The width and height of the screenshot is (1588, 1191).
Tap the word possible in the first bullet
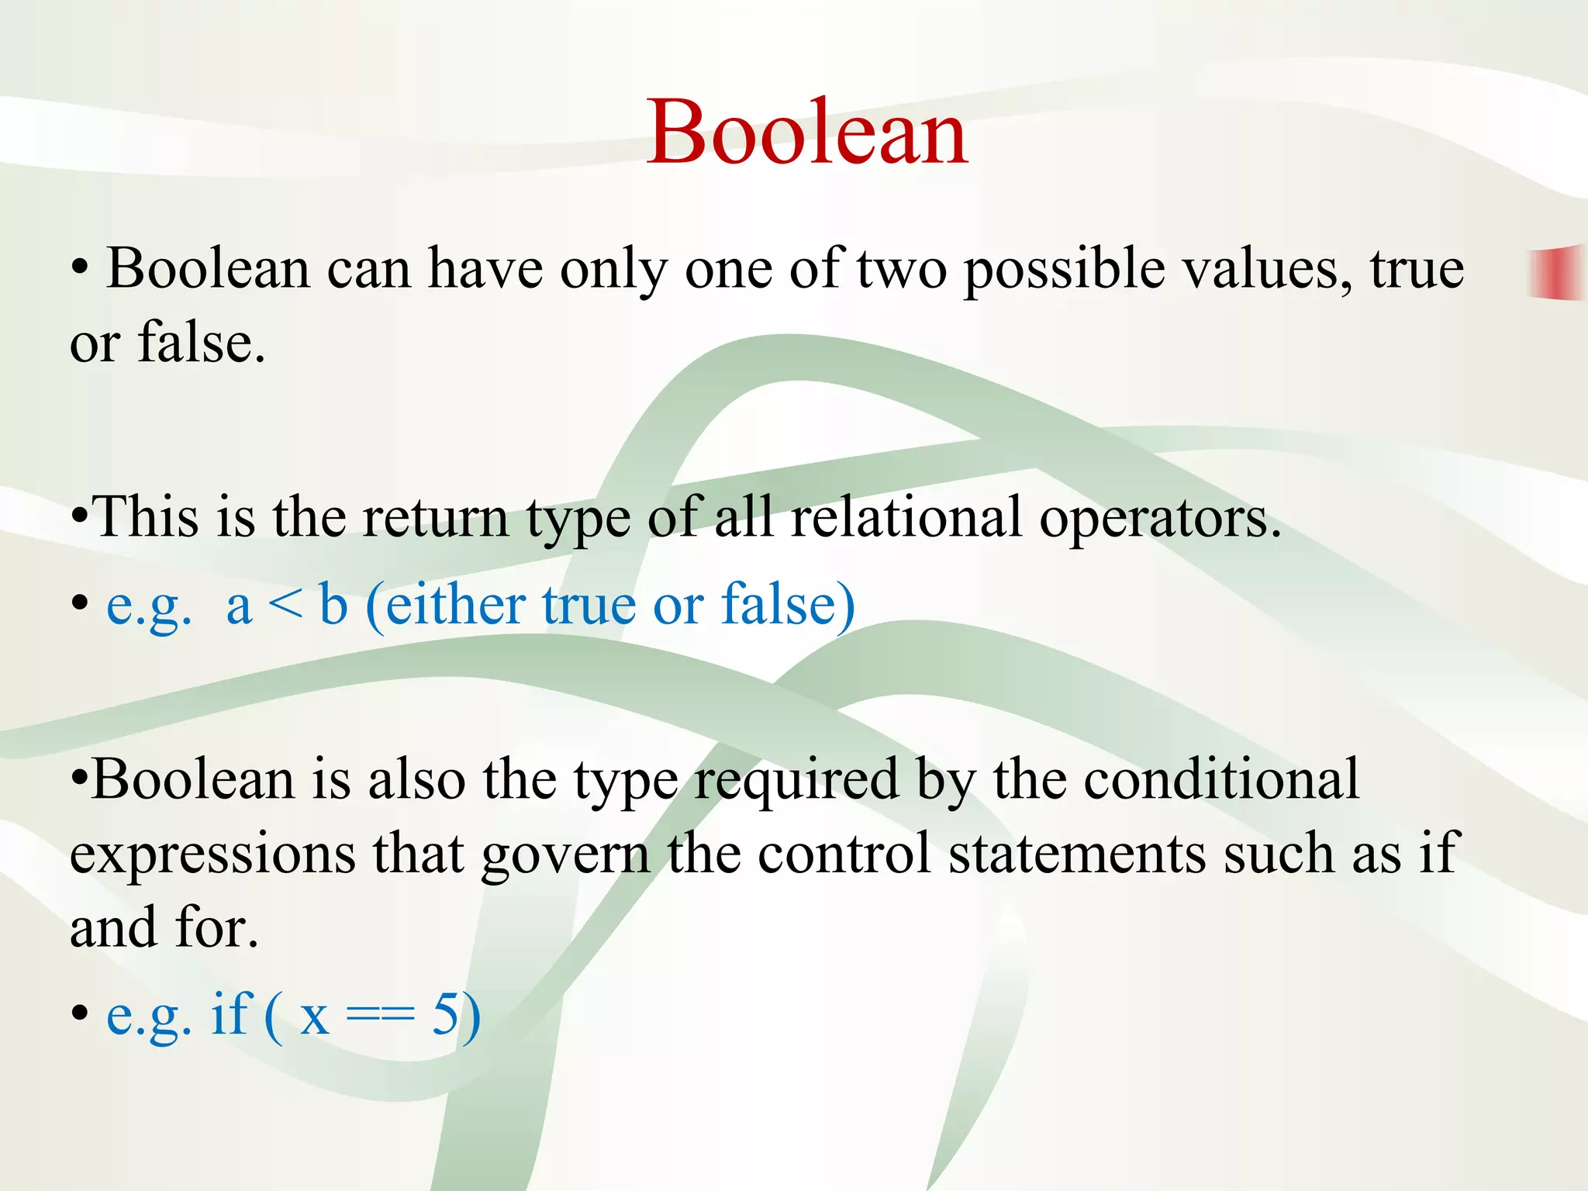1064,271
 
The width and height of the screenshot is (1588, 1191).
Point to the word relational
906,517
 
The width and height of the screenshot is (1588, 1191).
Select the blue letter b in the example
333,604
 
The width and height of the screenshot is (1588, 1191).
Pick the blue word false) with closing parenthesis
788,604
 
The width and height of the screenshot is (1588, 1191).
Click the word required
796,781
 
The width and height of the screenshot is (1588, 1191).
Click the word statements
1077,854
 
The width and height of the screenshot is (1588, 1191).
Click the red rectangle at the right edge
1557,272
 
